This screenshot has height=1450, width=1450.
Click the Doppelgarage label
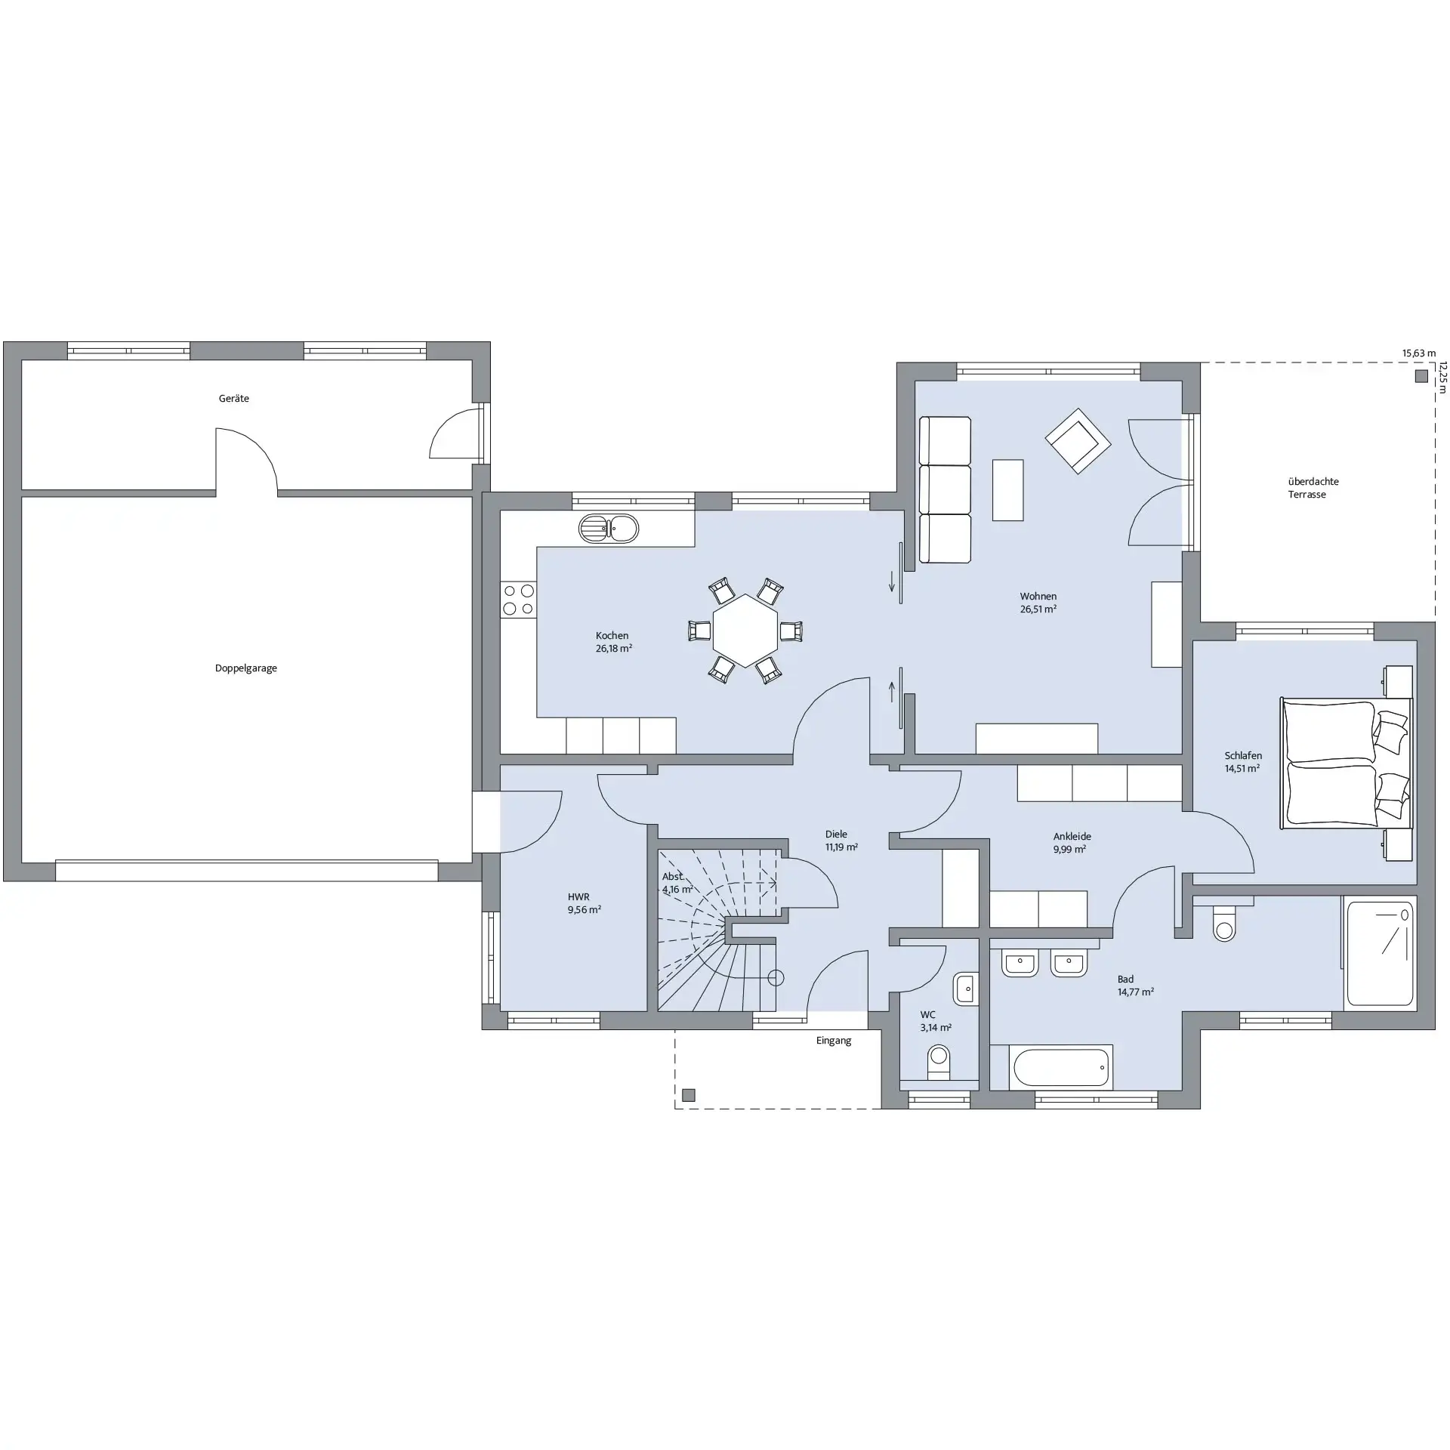pos(246,668)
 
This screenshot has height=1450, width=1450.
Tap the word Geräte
pos(234,398)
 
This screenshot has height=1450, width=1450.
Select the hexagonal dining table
pos(745,631)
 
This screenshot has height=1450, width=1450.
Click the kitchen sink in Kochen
pos(609,529)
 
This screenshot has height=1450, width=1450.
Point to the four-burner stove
pos(519,600)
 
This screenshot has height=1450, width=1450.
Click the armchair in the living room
pos(1078,440)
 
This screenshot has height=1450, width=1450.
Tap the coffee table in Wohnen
pos(1008,490)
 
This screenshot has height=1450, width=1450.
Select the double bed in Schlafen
pos(1346,762)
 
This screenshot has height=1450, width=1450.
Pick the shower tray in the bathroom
pos(1380,953)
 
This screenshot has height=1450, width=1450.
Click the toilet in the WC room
pos(939,1063)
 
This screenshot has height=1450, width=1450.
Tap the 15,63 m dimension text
pos(1419,353)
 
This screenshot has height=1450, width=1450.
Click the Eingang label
pos(834,1041)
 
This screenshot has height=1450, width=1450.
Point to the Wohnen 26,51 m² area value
pos(1038,609)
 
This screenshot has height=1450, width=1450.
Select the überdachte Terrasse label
pos(1313,488)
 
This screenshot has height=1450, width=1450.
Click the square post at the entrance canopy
pos(688,1095)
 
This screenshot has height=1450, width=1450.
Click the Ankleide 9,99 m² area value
pos(1069,849)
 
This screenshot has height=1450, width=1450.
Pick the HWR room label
pos(578,897)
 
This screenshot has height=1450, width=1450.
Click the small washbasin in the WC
pos(964,989)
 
